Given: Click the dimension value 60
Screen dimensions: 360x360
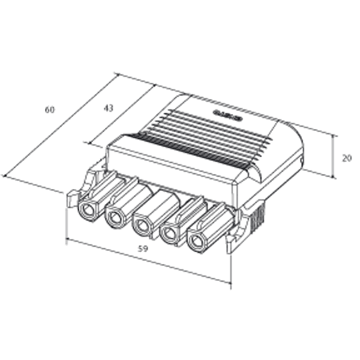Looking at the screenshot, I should (x=50, y=110).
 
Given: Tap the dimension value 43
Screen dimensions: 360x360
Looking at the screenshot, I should (x=108, y=108).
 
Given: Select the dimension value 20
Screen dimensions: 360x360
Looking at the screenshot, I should (x=346, y=158).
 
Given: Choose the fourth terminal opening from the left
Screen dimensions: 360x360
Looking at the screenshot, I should (x=169, y=235).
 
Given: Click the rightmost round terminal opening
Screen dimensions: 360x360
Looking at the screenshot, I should (x=196, y=242).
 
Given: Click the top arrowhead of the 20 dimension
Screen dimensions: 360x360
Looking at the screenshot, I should (x=333, y=135).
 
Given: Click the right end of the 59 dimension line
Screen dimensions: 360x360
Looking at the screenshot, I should (x=230, y=282).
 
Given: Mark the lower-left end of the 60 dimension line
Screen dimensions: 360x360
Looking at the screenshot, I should (x=4, y=176).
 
